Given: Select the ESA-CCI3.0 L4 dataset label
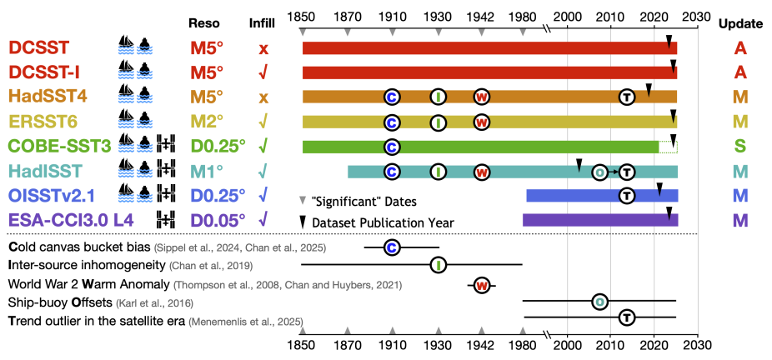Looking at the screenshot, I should coord(63,221).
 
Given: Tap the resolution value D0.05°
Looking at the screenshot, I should coord(218,221).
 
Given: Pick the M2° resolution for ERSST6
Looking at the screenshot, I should coord(208,122).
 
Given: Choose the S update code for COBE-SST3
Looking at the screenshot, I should coord(739,147).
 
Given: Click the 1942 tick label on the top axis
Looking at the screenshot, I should coord(480,17).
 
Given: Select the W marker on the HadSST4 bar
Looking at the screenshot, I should coord(481,97).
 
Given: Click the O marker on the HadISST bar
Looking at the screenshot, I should coord(599,172).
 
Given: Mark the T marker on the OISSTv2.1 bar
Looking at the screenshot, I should coord(627,196).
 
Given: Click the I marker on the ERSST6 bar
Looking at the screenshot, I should coord(438,122).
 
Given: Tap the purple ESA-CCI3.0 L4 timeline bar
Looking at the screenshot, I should coord(599,221).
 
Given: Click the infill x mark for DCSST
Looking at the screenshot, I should coord(264,48).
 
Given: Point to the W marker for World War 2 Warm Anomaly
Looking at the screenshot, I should coord(481,285).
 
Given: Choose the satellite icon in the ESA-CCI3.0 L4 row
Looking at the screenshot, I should coord(167,221).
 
